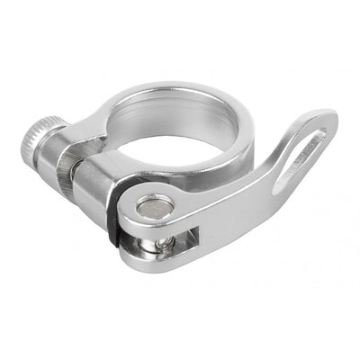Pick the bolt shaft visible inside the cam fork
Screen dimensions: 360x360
pos(163,242)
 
